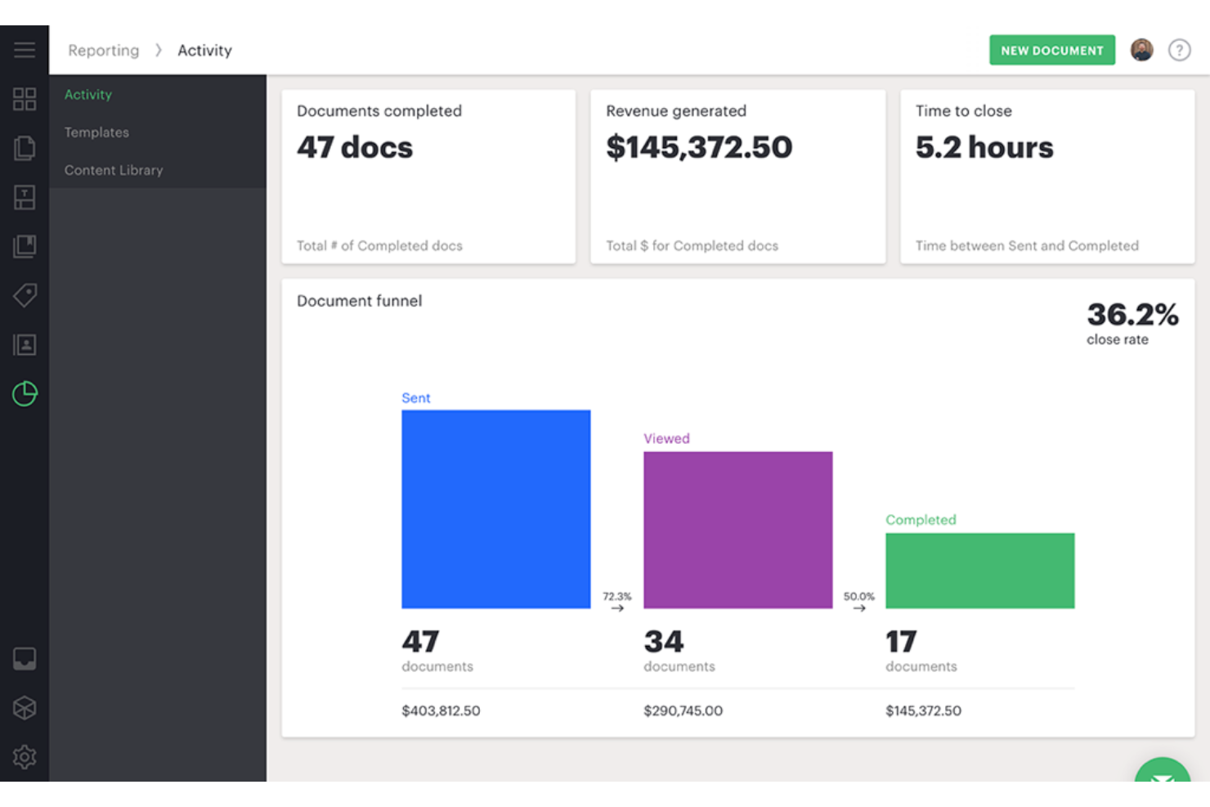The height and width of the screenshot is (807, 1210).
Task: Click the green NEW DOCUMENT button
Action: [1051, 50]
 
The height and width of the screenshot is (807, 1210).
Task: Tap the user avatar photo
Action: [1141, 50]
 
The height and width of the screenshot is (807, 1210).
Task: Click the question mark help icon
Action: [1179, 50]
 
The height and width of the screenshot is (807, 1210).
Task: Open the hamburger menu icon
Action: [25, 50]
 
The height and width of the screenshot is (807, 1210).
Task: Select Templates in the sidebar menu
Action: [96, 132]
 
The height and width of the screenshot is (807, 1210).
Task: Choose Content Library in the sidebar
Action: [114, 170]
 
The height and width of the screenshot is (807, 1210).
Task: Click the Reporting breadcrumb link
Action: [104, 51]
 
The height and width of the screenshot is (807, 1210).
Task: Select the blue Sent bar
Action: [495, 509]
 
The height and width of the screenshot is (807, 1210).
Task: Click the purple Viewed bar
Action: [737, 529]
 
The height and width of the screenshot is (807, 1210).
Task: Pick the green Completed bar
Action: [979, 570]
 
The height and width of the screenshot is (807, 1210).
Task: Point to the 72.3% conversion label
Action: [617, 597]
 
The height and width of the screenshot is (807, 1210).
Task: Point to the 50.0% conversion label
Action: [858, 597]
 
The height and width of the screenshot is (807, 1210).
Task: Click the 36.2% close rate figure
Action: [1132, 315]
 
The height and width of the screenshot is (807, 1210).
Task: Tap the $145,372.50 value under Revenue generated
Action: [699, 148]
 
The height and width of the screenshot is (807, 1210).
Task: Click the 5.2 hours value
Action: [984, 148]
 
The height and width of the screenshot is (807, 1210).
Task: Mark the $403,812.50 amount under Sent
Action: [441, 711]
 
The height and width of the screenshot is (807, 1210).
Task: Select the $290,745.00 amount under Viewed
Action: [683, 711]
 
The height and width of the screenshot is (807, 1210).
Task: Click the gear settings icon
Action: [25, 756]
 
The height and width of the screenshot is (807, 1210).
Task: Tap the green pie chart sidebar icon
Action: [25, 393]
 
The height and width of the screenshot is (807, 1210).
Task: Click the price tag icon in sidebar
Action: [25, 295]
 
